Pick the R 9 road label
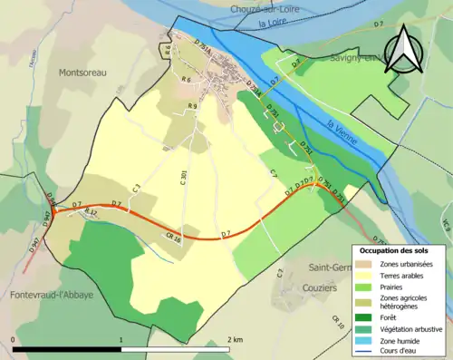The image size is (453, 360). point(192,107)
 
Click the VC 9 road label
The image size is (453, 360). point(446,221)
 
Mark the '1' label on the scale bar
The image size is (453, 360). point(121,339)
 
